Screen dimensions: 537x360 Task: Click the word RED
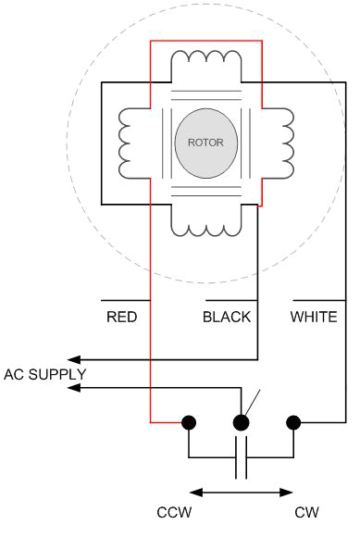point(122,317)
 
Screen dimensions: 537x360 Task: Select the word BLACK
point(227,317)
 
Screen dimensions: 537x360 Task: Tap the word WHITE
point(314,317)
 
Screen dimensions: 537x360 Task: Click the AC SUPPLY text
point(45,374)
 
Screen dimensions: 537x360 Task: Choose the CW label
point(307,512)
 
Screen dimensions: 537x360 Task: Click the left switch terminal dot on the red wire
point(189,422)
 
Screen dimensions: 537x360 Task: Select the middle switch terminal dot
point(242,422)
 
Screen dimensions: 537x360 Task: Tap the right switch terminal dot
point(294,422)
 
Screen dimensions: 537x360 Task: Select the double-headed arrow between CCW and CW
point(242,492)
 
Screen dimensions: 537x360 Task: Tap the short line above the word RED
point(122,301)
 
